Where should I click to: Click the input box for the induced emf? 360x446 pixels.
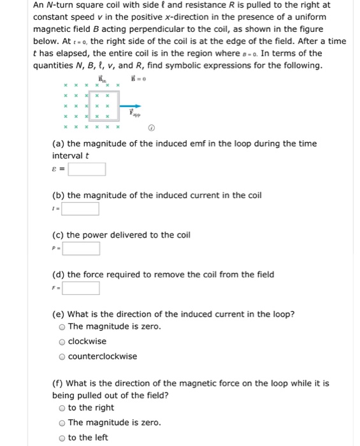tap(87, 169)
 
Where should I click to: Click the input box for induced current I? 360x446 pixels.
tap(80, 209)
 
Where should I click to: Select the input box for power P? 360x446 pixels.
tap(80, 248)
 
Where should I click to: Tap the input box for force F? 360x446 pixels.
tap(80, 288)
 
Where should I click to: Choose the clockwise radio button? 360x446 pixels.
tap(62, 342)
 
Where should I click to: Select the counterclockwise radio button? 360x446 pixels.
tap(62, 356)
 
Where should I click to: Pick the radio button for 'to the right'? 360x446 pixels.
tap(62, 408)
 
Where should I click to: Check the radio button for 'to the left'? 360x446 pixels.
tap(62, 437)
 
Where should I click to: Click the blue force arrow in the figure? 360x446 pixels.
tap(130, 106)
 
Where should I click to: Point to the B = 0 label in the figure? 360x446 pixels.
tap(138, 79)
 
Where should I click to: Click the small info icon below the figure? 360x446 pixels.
tap(151, 127)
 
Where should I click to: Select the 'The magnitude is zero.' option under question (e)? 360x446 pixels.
tap(62, 327)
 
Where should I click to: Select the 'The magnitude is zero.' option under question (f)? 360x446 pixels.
tap(62, 422)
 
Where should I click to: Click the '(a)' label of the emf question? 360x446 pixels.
tap(59, 143)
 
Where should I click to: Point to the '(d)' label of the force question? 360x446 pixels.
tap(59, 275)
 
